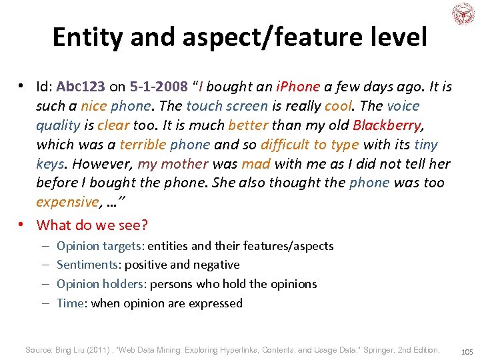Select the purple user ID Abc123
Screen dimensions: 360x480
(81, 87)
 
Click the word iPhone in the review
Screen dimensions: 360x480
(299, 87)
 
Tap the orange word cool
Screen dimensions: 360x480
(338, 107)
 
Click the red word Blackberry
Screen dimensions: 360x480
(387, 125)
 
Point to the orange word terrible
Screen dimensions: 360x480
(143, 145)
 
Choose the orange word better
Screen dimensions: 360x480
(247, 125)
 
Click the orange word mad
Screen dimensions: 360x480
(255, 164)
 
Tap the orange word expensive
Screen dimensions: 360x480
(67, 202)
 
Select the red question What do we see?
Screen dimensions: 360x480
(92, 225)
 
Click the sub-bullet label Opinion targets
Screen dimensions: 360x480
(99, 246)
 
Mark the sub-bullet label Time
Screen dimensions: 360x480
(70, 303)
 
